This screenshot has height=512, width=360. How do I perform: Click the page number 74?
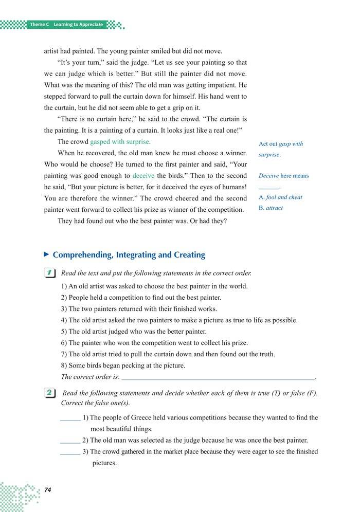coord(47,489)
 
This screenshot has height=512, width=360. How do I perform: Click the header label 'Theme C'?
coord(39,25)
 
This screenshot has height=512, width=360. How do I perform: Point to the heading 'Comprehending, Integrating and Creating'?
coord(129,254)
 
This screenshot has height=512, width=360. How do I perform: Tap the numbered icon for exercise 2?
coord(50,394)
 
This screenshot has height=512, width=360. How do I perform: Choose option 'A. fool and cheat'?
coord(280,197)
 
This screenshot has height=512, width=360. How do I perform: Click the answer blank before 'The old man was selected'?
coord(70,442)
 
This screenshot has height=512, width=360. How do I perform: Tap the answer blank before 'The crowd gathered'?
coord(70,453)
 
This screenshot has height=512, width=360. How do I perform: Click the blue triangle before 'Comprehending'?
coord(47,254)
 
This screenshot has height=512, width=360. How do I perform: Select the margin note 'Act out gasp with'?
coord(281,144)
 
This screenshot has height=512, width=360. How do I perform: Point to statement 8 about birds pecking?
coord(123,366)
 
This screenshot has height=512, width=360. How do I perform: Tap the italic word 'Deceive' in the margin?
coord(268,176)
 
